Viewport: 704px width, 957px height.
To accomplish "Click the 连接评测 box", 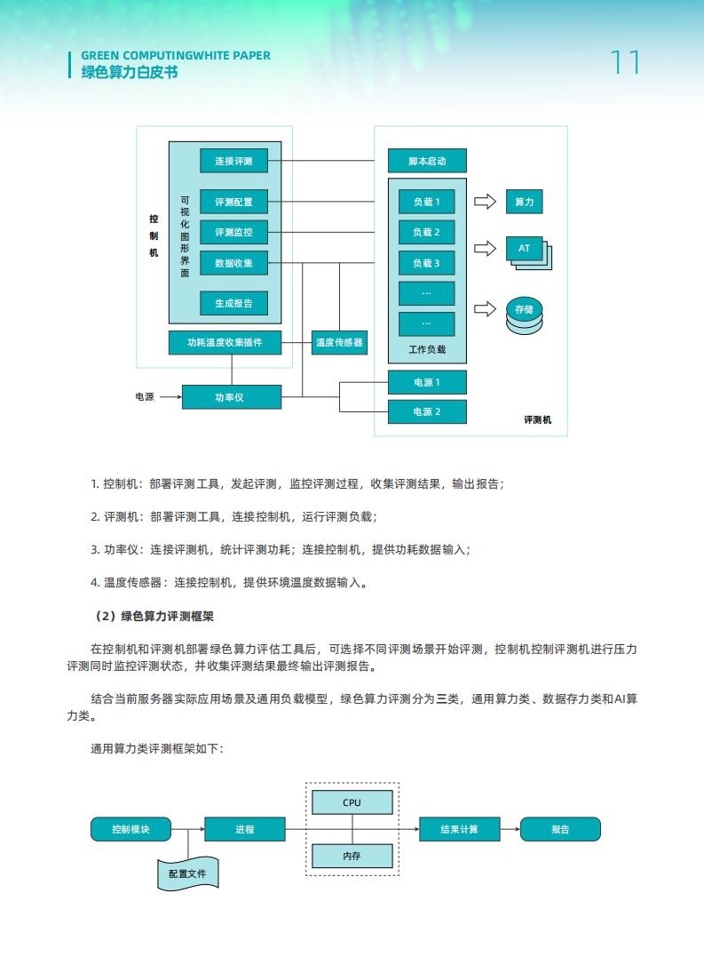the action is point(233,161).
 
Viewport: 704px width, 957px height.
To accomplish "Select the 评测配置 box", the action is point(233,202).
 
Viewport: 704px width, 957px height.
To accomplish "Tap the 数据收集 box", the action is point(233,263).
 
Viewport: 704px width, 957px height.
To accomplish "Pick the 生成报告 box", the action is point(233,303).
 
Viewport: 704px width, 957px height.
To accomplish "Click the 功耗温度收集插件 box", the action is point(225,342).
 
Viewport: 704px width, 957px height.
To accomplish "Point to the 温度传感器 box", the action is point(339,342).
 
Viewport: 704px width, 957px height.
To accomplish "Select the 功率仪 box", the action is point(232,397).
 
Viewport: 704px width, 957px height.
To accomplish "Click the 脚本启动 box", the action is point(427,161).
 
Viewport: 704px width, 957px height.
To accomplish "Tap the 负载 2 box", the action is point(427,232).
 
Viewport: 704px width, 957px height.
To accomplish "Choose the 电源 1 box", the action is point(427,382).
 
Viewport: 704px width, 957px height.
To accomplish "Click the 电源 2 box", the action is point(427,411).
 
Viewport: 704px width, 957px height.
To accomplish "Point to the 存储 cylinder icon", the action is point(524,315).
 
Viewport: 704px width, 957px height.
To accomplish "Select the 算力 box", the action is point(524,202).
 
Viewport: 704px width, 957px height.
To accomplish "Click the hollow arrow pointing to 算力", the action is point(486,202).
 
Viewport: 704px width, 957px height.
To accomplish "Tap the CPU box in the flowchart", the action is point(352,802).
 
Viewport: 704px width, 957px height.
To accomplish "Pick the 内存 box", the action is point(352,856).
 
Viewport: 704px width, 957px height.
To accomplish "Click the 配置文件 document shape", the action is point(187,873).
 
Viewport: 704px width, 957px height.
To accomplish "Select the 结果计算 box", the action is point(460,829).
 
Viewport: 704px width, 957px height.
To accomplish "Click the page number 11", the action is point(625,62).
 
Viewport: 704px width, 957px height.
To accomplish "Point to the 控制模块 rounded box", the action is point(131,829).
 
